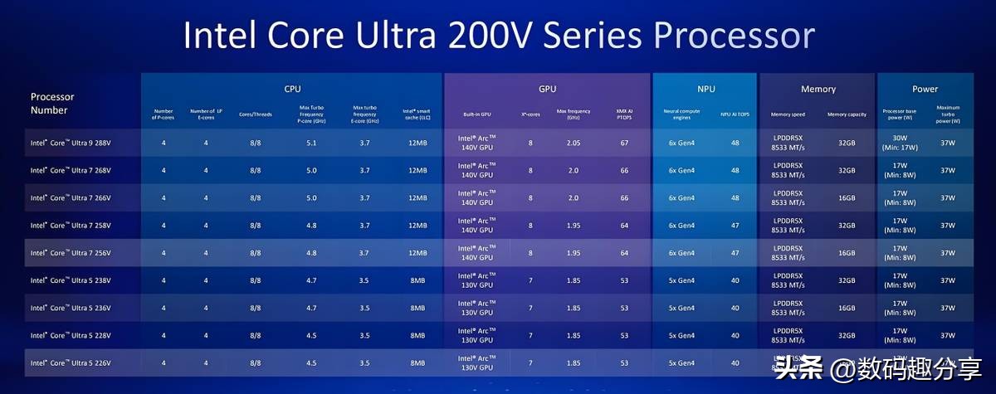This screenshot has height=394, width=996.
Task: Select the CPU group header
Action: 292,89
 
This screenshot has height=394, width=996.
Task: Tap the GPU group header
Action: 547,89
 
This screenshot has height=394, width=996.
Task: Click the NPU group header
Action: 705,89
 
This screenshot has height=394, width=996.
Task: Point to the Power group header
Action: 925,89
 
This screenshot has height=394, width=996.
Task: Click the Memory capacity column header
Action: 847,114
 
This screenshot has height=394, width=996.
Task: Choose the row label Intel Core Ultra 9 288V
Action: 71,143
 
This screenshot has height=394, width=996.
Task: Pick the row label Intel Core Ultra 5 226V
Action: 71,362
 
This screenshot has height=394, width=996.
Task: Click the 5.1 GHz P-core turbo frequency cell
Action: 310,143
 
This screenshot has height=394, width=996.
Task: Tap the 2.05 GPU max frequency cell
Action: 574,143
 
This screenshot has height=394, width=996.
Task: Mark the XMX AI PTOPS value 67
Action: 624,143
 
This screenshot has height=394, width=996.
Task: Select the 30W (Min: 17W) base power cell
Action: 900,143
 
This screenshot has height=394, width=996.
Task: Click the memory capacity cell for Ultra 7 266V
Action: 847,197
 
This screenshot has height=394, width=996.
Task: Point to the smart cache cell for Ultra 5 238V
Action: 417,280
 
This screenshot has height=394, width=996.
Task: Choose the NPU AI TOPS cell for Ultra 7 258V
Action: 735,225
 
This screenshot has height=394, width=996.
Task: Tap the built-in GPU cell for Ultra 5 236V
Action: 476,308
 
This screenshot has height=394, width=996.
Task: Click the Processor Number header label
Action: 53,103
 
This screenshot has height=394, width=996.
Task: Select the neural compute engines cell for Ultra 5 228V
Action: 680,335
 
